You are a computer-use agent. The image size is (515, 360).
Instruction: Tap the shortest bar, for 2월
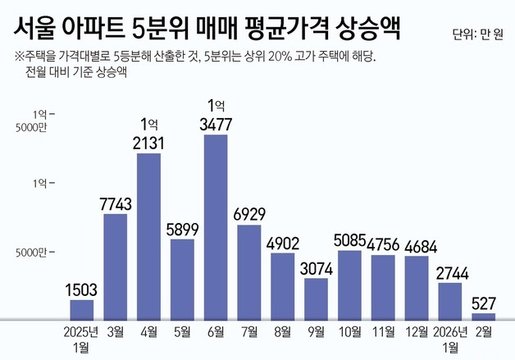(484, 316)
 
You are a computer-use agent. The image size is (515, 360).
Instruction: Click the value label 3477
(216, 124)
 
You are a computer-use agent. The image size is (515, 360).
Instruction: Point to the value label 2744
(450, 271)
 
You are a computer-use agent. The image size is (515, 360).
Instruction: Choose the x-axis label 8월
(283, 331)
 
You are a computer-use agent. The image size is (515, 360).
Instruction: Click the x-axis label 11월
(383, 331)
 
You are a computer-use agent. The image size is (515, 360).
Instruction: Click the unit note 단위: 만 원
(480, 34)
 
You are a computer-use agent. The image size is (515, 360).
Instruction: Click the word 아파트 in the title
(95, 30)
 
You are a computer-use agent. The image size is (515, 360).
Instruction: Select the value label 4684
(417, 244)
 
